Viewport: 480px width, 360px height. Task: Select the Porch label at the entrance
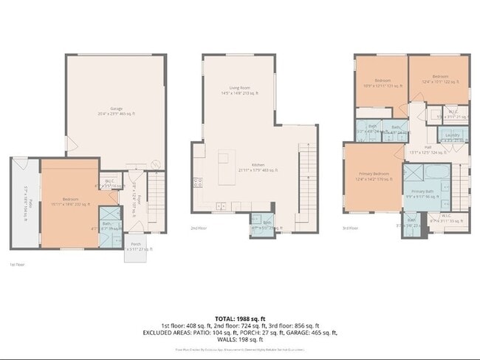(x=136, y=247)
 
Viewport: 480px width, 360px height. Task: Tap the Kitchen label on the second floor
(x=258, y=167)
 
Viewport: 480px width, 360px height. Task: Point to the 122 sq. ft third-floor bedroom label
(x=441, y=80)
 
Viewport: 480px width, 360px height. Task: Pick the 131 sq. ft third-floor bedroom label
(x=382, y=83)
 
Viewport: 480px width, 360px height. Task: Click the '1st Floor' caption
(x=16, y=264)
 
